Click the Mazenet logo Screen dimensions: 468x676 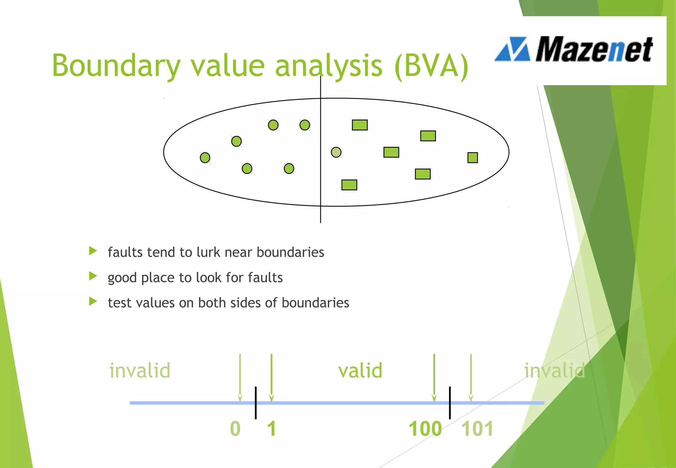[574, 50]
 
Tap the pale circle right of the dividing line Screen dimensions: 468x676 [336, 152]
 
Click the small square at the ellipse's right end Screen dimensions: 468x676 [473, 158]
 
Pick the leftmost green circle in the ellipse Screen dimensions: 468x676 [205, 158]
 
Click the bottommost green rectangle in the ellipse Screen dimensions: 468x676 [349, 185]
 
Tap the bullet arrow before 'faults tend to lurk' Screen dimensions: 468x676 [93, 251]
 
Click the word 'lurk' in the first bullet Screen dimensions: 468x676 [208, 252]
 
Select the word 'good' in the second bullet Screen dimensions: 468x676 [122, 278]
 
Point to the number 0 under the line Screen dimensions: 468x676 [235, 429]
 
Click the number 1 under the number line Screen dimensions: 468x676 [272, 429]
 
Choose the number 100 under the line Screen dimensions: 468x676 [425, 429]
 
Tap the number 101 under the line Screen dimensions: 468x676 [477, 429]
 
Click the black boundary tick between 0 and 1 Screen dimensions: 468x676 [256, 403]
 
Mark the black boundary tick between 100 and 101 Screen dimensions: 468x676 [450, 403]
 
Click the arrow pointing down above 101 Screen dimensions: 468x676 [471, 378]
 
